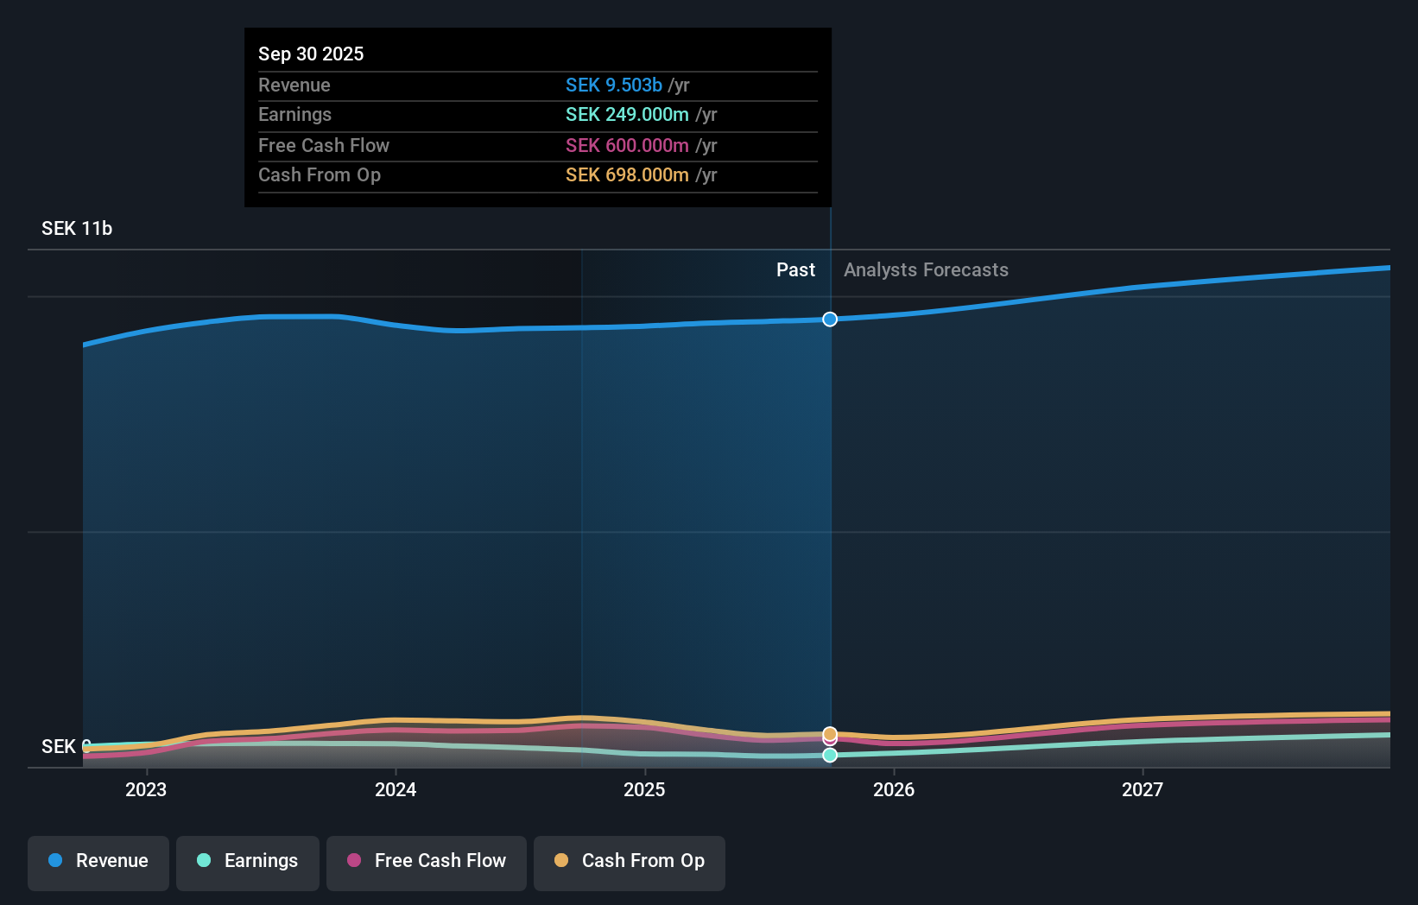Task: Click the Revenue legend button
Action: [98, 862]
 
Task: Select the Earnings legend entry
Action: [248, 862]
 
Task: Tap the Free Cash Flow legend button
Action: [427, 862]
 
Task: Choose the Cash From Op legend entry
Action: [630, 862]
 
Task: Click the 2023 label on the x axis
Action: [146, 790]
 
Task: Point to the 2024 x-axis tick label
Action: [396, 790]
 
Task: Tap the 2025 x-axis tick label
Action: [644, 790]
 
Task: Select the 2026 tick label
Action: [894, 790]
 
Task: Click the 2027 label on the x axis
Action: [1143, 790]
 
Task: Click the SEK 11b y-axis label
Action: [77, 229]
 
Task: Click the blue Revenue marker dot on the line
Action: [830, 320]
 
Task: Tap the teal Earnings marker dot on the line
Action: [830, 756]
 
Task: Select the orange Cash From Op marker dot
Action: [830, 734]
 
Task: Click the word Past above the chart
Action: [795, 270]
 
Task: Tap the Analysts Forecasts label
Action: [926, 270]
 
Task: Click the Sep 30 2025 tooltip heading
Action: [311, 54]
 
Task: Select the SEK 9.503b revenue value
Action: [614, 85]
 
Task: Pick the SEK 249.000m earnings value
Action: [627, 115]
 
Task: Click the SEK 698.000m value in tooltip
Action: [627, 175]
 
